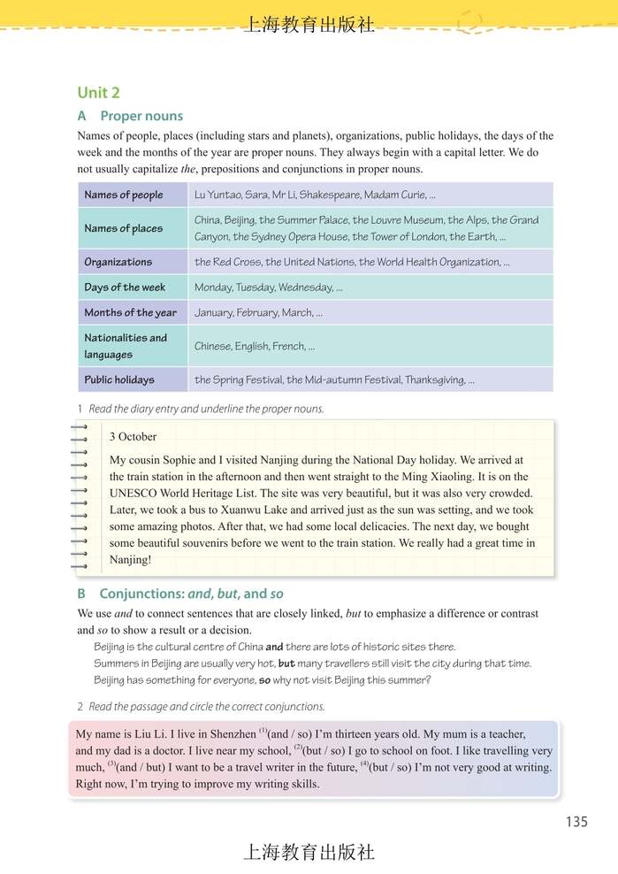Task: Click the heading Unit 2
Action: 98,93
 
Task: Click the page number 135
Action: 576,822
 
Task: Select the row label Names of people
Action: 124,195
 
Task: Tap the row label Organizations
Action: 118,262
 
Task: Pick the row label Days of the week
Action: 125,287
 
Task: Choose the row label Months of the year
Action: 130,312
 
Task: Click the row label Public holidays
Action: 119,380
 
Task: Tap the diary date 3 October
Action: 133,436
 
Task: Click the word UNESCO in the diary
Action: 133,493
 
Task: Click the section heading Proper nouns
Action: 141,116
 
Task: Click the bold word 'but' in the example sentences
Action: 286,663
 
